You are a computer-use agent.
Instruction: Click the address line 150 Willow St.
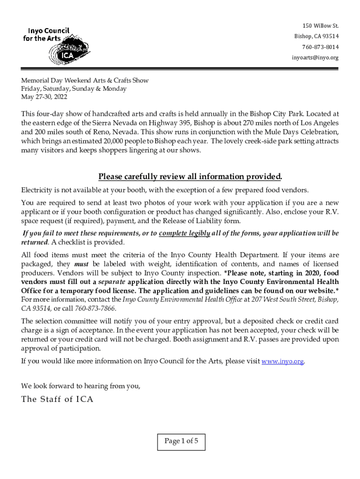(320, 25)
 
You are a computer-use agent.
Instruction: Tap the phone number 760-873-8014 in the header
(320, 47)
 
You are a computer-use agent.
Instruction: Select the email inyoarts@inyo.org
(315, 58)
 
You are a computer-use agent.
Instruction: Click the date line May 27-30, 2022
(44, 97)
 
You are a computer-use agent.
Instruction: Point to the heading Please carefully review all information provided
(190, 176)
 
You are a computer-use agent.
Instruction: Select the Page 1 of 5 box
(181, 441)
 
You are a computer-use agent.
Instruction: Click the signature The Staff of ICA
(58, 399)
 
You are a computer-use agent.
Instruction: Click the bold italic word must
(81, 264)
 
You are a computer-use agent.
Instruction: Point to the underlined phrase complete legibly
(184, 233)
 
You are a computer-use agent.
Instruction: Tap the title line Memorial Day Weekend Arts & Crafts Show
(85, 80)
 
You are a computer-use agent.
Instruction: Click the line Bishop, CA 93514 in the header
(317, 36)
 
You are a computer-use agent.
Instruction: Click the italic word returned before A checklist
(35, 242)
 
